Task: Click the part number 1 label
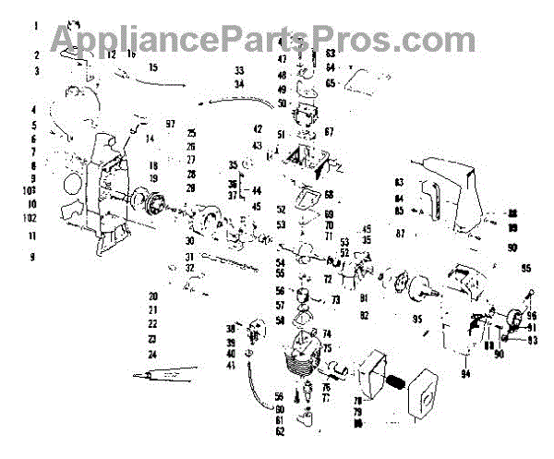pyautogui.click(x=35, y=27)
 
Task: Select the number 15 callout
pyautogui.click(x=153, y=66)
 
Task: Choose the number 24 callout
pyautogui.click(x=152, y=354)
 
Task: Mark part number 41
pyautogui.click(x=232, y=367)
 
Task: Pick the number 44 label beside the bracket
pyautogui.click(x=256, y=190)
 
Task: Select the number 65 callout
pyautogui.click(x=330, y=82)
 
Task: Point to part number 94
pyautogui.click(x=465, y=374)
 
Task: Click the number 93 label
pyautogui.click(x=532, y=341)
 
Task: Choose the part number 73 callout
pyautogui.click(x=335, y=300)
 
